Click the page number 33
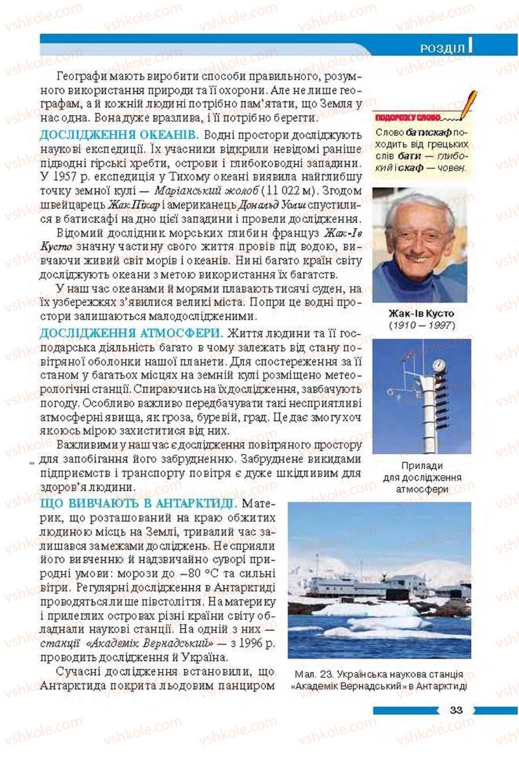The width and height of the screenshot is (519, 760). click(455, 709)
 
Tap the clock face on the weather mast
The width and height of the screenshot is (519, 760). click(439, 365)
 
